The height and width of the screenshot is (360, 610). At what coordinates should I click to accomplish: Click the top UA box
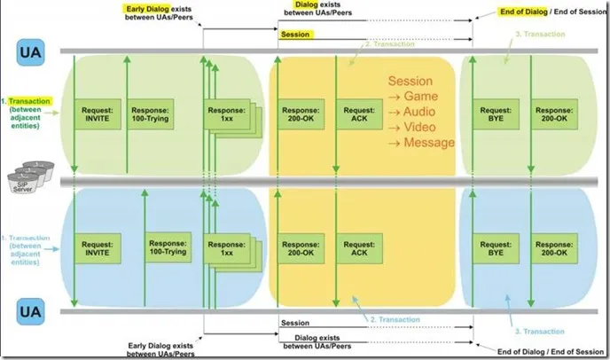[27, 52]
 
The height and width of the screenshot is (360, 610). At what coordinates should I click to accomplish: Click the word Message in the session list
[429, 142]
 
